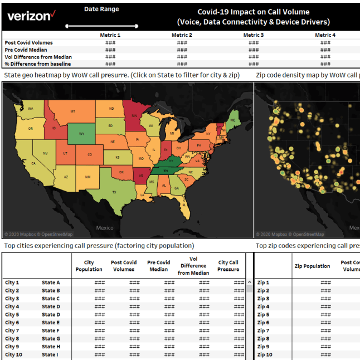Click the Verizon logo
[x=31, y=16]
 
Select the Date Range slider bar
[x=101, y=26]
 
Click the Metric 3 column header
[x=254, y=35]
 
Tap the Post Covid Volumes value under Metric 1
[x=110, y=42]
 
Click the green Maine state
[x=232, y=119]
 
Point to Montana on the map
[x=73, y=112]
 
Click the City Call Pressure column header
[x=228, y=266]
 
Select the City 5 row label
[x=12, y=314]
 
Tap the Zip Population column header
[x=312, y=266]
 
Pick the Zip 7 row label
[x=264, y=330]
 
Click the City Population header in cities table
[x=89, y=266]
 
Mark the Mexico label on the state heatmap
[x=105, y=227]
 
